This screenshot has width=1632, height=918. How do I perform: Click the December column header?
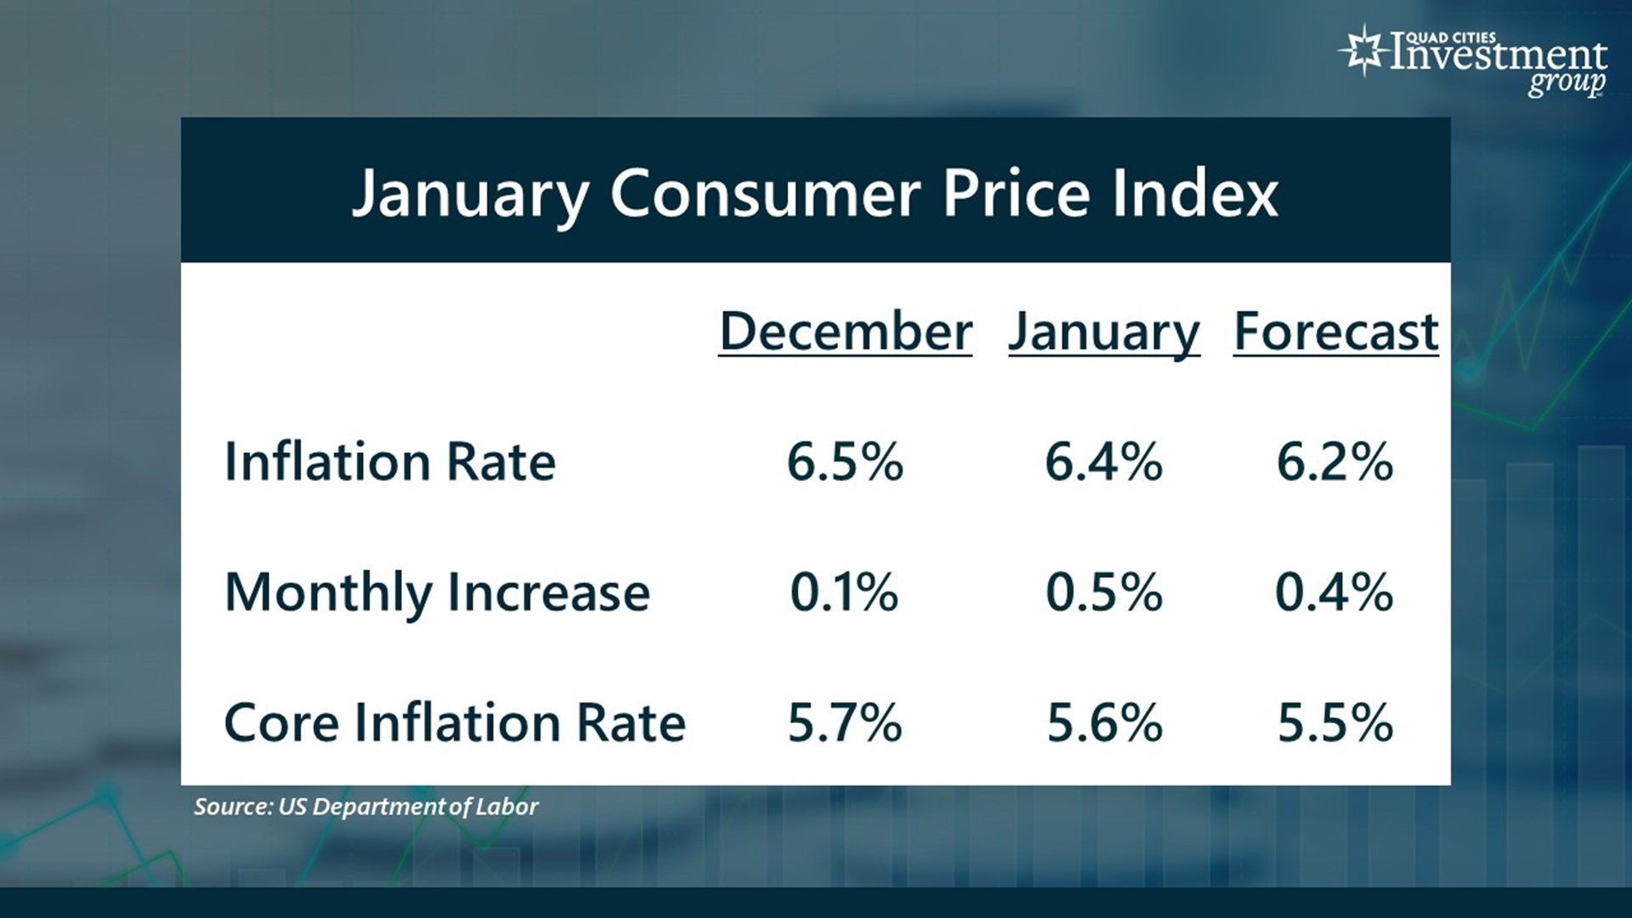point(845,331)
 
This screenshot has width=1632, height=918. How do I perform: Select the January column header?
point(1103,331)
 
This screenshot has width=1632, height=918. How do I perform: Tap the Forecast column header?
point(1335,331)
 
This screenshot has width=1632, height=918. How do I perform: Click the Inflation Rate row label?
point(390,462)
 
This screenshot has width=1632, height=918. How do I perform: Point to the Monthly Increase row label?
point(437,592)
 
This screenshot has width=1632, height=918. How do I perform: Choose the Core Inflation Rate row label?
point(455,722)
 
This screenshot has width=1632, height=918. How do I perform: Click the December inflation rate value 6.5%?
point(845,462)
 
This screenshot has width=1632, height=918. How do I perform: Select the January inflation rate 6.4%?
point(1103,462)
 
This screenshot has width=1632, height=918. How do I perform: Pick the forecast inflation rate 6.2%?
point(1334,462)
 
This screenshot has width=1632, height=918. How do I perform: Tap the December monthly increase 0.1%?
point(844,592)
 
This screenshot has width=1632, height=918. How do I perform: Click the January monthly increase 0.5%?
point(1103,592)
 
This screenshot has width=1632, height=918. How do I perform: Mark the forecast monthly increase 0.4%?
point(1334,592)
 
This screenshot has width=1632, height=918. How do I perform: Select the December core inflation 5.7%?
point(845,722)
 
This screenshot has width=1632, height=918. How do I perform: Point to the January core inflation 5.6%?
point(1104,722)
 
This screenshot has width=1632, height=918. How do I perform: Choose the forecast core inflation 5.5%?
point(1335,722)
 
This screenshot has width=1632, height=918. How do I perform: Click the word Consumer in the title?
point(765,194)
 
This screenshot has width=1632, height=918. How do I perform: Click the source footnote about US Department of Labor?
point(365,807)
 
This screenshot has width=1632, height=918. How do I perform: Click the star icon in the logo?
point(1363,51)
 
